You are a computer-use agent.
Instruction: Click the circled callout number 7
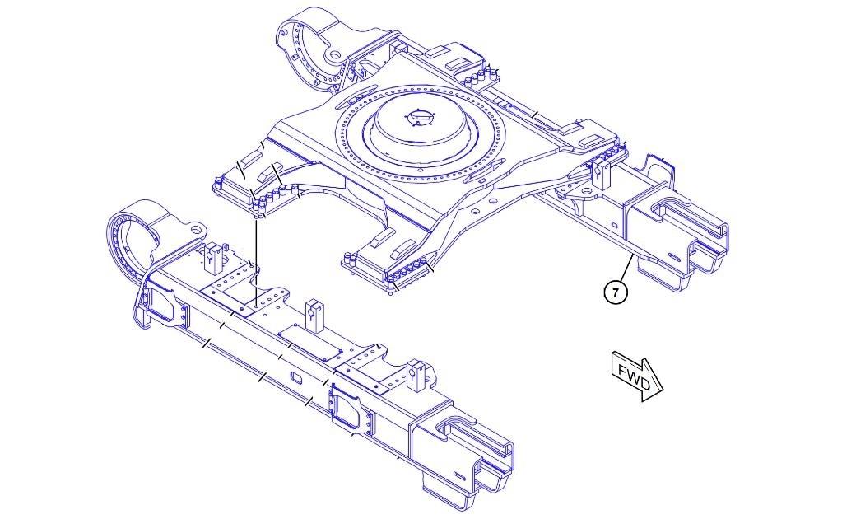616,292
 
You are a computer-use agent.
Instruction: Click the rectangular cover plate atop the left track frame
309,341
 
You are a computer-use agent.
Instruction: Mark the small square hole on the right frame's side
614,224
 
